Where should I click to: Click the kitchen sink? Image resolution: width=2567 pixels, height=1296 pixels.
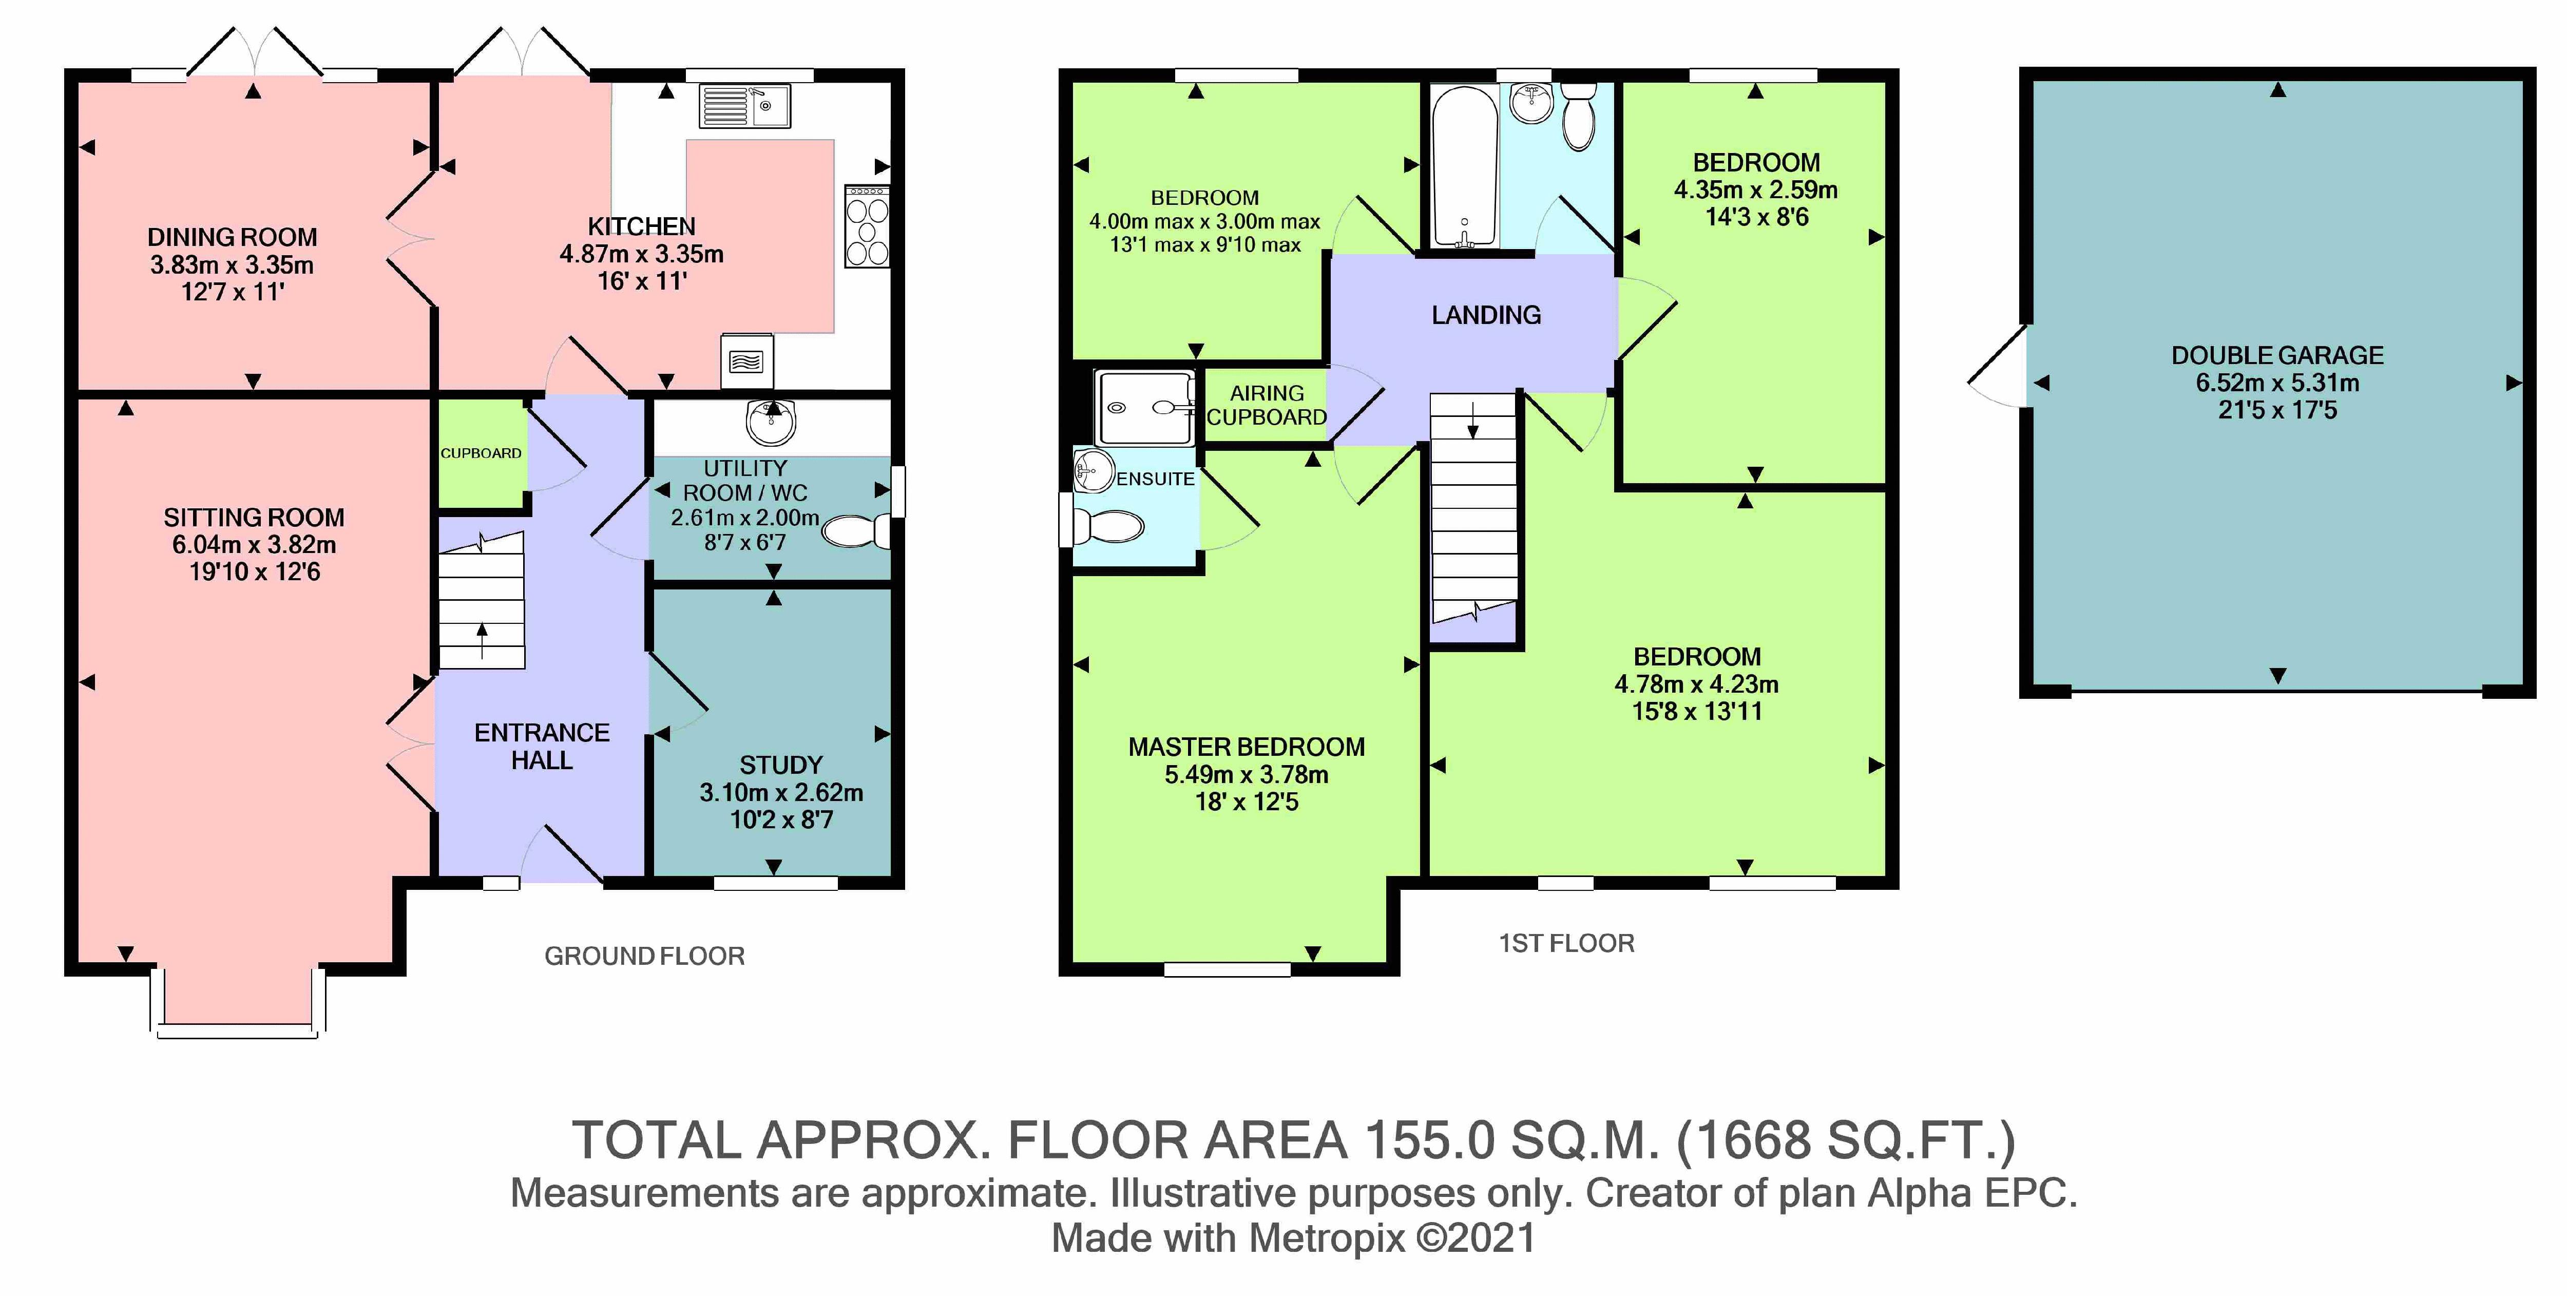tap(744, 106)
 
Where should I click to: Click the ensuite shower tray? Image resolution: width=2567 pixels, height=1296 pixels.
tap(1144, 407)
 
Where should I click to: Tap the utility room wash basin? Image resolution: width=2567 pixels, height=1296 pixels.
tap(770, 422)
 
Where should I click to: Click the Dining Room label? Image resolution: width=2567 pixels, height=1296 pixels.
tap(232, 237)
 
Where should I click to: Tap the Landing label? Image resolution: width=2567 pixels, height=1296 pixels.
tap(1486, 315)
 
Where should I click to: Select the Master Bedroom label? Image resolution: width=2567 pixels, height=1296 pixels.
tap(1247, 747)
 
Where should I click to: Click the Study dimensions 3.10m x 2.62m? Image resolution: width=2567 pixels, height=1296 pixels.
tap(781, 793)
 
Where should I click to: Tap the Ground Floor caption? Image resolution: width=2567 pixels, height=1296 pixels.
tap(645, 956)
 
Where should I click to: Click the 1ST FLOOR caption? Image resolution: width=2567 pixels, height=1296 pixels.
tap(1566, 943)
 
